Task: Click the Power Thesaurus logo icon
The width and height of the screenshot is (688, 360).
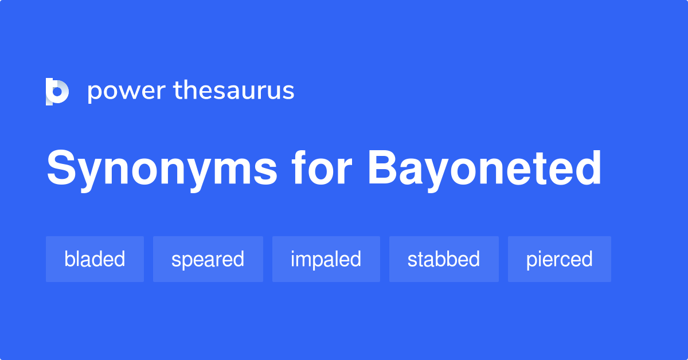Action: pos(57,91)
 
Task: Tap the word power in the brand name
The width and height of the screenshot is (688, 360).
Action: pos(126,91)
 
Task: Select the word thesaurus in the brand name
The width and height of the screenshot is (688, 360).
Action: pos(234,91)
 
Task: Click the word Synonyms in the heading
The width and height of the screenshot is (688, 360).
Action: pos(162,169)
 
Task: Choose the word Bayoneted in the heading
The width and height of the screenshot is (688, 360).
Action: pos(484,169)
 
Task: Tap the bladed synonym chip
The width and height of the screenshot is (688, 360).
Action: pos(95,259)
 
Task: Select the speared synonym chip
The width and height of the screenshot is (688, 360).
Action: pos(208,259)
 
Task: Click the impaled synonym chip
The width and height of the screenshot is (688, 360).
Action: pos(326,259)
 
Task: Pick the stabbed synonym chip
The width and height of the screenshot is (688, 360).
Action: pos(443,259)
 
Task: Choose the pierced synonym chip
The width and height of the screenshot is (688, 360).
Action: pos(559,259)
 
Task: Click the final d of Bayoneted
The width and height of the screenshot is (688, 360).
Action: pos(587,169)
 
